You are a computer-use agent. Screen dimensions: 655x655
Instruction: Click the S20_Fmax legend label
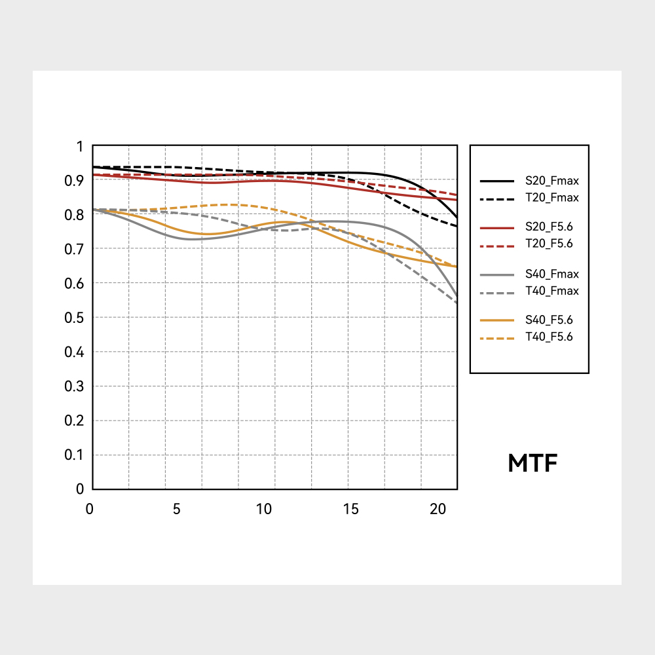552,180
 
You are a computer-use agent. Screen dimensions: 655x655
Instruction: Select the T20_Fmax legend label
552,196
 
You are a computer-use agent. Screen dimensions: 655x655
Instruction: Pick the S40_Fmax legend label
552,274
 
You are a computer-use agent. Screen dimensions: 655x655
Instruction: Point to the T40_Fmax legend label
552,290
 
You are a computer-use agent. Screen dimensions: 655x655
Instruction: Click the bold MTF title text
533,464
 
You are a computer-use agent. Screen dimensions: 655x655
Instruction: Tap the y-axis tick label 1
80,147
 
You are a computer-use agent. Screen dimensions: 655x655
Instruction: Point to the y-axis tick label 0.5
75,318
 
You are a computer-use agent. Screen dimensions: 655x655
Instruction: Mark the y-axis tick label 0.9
75,181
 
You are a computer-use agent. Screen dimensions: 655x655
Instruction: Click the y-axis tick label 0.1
75,455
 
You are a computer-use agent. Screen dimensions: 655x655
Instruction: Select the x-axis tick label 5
176,509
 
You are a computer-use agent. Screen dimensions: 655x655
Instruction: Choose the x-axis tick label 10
264,509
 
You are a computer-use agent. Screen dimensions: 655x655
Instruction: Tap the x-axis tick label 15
351,509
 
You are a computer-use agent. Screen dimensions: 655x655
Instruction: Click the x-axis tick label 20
437,509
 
